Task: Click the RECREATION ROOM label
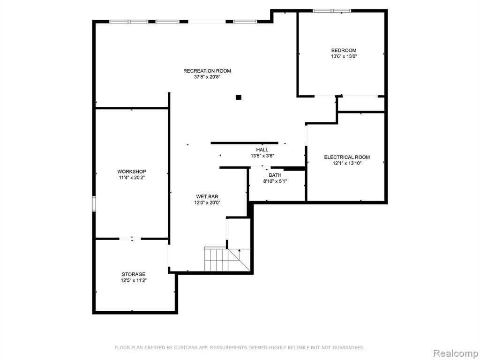coord(207,71)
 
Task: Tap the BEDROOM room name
coord(344,50)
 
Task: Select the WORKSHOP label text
coord(132,172)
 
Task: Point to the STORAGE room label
coord(134,274)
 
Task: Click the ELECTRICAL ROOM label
coord(347,157)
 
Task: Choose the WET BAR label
coord(207,196)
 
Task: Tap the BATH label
coord(275,175)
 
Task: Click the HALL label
coord(262,150)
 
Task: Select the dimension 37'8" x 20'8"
coord(207,77)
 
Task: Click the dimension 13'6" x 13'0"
coord(344,56)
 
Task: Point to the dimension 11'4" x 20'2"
coord(132,178)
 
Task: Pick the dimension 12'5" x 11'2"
coord(134,280)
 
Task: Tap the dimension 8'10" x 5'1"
coord(275,181)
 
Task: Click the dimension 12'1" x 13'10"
coord(347,163)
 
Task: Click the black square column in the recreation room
coord(239,97)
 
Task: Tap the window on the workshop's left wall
coord(94,204)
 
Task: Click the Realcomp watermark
coord(456,353)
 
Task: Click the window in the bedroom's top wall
coord(332,11)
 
